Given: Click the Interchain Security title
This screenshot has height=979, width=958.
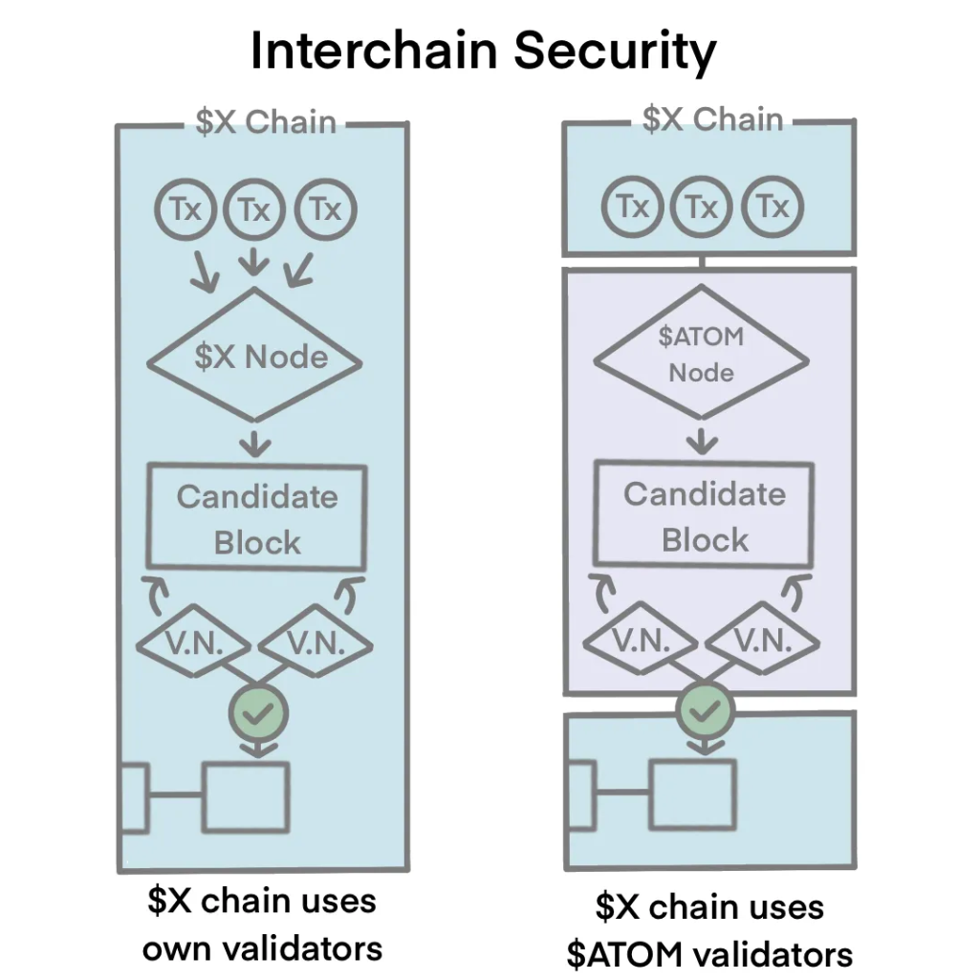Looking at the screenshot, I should (x=482, y=52).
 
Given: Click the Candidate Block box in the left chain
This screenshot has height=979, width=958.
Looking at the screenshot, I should (x=256, y=518).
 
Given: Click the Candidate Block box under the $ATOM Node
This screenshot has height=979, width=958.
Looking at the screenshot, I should (x=704, y=516).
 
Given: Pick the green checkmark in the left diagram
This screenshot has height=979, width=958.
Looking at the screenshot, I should (x=259, y=709).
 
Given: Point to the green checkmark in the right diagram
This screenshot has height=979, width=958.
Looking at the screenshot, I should (x=706, y=709).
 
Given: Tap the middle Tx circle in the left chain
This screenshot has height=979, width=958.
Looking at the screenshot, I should (x=253, y=209).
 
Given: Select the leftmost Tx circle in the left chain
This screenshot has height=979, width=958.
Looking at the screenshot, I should (x=185, y=209).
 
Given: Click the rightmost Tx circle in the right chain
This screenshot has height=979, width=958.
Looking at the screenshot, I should (x=773, y=207).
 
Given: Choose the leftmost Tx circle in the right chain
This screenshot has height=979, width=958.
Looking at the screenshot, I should (x=633, y=207).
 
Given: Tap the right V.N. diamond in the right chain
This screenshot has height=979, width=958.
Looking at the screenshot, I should (x=763, y=642).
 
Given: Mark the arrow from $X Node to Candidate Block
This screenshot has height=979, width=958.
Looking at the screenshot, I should (x=255, y=442).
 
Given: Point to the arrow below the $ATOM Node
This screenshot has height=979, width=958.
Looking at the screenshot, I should (x=704, y=440).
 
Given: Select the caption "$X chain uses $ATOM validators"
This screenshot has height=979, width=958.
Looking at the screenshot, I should (x=708, y=929).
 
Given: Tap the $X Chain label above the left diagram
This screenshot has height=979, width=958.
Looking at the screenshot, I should (x=265, y=123).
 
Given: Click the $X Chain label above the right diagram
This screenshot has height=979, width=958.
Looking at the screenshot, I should (x=712, y=120).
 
